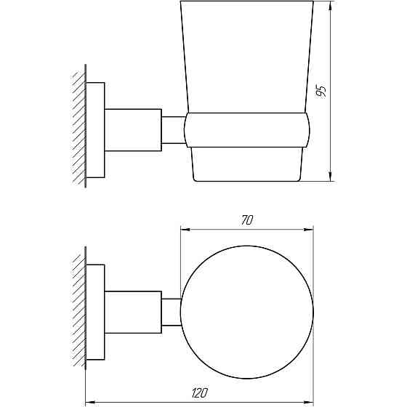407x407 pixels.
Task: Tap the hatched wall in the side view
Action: click(x=78, y=129)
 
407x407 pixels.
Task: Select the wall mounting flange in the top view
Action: click(x=96, y=311)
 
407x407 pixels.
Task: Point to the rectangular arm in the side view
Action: click(x=133, y=129)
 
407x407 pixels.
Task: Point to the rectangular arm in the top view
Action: click(x=133, y=311)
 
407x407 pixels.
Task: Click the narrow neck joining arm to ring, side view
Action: click(x=172, y=129)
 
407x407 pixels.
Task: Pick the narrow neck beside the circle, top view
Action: click(x=171, y=311)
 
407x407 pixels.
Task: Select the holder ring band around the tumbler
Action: click(x=247, y=131)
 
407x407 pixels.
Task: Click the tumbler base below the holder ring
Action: click(x=247, y=164)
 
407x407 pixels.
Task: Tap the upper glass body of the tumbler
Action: click(x=247, y=58)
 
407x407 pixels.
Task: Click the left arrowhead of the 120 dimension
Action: click(x=90, y=400)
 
